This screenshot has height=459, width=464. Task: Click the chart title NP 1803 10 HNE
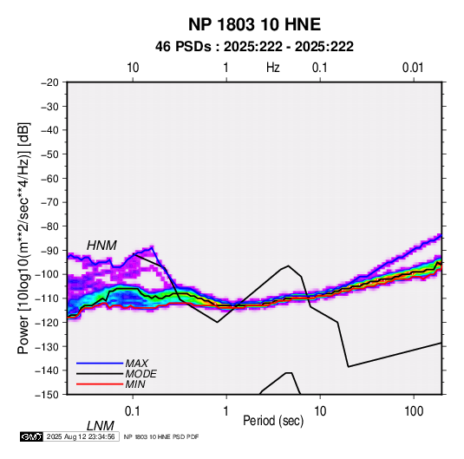tap(254, 24)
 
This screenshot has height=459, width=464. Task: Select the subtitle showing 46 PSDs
tap(254, 47)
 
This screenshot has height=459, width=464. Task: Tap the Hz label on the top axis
tap(272, 68)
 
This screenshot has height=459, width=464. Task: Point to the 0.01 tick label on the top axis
tap(413, 68)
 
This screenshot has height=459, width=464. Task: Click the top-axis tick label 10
tap(133, 68)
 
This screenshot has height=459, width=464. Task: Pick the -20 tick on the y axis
tap(49, 82)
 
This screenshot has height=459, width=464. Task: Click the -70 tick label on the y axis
tap(49, 202)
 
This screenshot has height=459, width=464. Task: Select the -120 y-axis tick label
tap(47, 322)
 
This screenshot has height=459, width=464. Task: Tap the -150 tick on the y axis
tap(47, 395)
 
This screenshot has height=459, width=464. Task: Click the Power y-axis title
tap(23, 239)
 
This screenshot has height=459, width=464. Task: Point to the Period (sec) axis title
tap(273, 421)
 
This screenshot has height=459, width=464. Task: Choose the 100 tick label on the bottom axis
tap(414, 410)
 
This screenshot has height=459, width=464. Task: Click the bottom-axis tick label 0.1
tap(132, 410)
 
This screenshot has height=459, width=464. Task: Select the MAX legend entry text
tap(137, 364)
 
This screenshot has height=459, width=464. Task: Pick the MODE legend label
tap(141, 374)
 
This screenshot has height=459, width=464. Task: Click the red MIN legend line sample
tap(100, 384)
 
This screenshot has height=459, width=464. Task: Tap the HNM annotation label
tap(101, 246)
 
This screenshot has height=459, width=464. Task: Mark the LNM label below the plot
tap(101, 426)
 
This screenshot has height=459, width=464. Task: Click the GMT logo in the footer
tap(31, 436)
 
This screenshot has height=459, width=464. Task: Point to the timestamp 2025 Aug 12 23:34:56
tap(81, 436)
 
